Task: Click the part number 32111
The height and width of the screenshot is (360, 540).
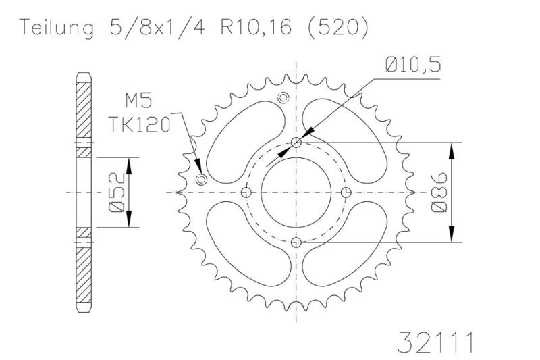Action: (x=435, y=342)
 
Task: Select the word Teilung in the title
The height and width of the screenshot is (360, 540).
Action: (x=57, y=28)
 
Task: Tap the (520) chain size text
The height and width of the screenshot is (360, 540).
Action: (x=337, y=28)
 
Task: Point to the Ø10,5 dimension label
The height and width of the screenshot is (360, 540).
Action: (x=413, y=65)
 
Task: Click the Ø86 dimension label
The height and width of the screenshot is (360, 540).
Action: (x=439, y=192)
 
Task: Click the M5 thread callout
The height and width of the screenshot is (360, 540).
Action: (x=138, y=101)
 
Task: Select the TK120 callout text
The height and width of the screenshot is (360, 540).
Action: (x=140, y=124)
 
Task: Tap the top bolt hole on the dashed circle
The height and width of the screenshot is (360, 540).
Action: (x=296, y=143)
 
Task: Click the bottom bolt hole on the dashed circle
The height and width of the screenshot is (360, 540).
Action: (x=296, y=242)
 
